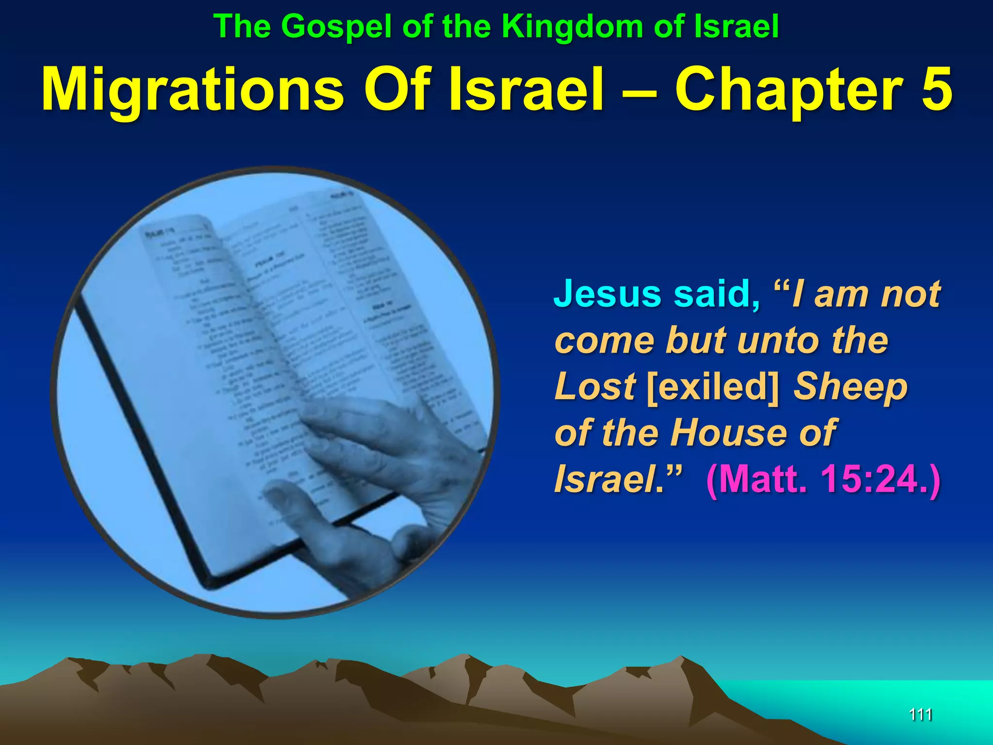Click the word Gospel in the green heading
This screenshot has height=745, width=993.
(336, 27)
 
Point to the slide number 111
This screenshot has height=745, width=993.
(920, 714)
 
